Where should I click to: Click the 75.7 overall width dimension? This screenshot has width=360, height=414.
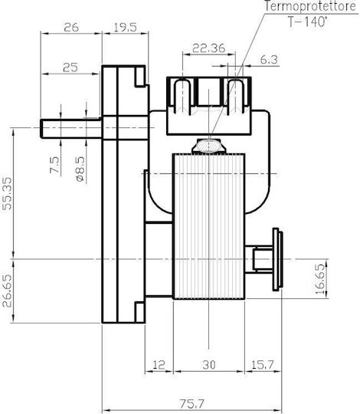click(192, 403)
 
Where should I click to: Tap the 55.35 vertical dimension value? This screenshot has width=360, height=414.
click(7, 193)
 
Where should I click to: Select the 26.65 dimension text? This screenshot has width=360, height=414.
click(7, 291)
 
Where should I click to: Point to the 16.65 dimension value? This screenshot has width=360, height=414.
click(319, 279)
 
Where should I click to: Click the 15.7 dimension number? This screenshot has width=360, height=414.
click(263, 365)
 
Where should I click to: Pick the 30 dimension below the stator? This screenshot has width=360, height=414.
click(209, 365)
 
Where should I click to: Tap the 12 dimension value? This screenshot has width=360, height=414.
click(159, 365)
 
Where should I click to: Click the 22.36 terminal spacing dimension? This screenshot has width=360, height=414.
click(209, 48)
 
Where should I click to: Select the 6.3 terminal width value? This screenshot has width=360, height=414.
click(269, 60)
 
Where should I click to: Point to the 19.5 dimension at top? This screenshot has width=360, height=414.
click(126, 27)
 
